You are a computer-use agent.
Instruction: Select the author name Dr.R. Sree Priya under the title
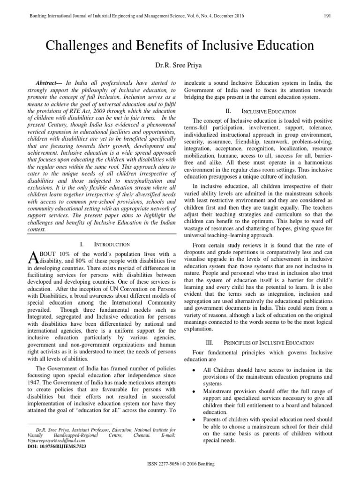pos(180,65)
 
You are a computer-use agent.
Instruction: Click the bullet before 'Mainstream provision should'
pos(194,390)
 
